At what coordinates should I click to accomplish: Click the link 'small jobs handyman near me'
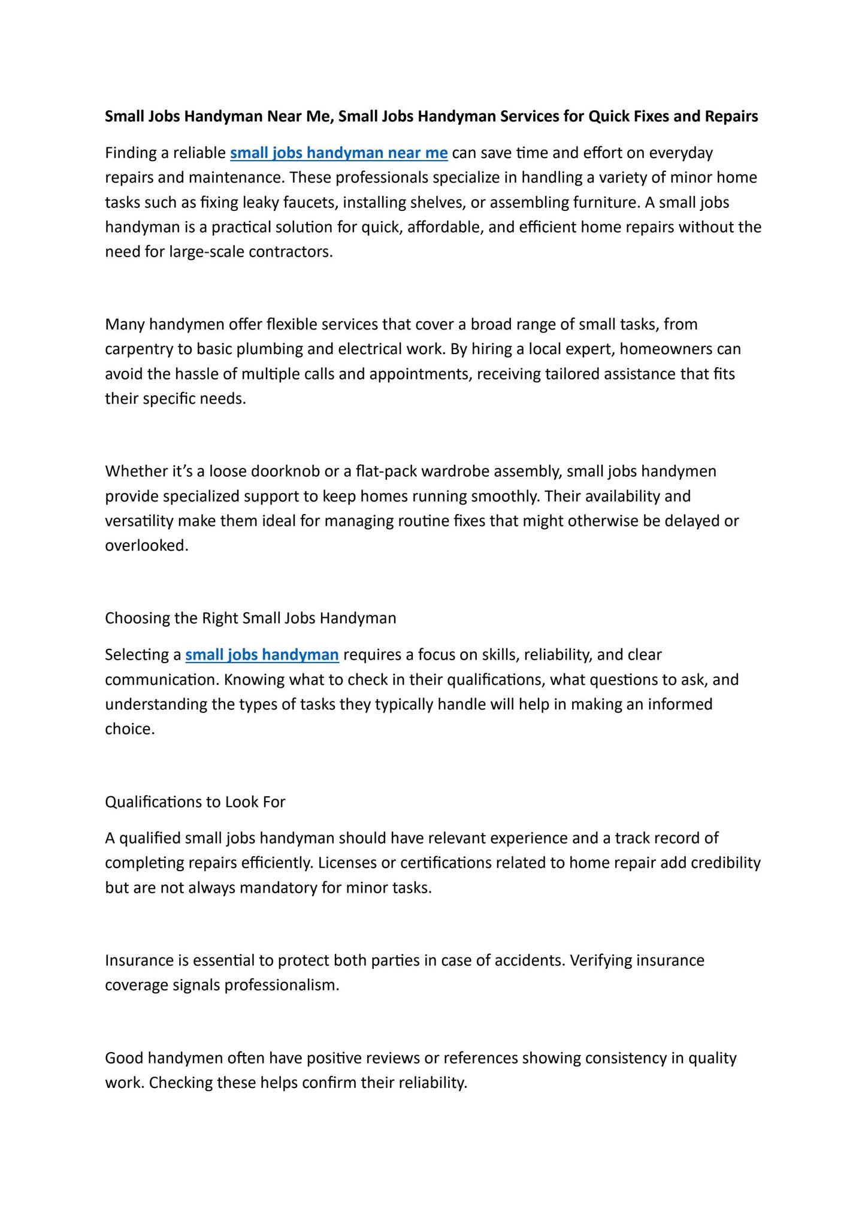point(338,153)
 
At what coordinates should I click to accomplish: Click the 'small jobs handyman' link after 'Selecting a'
point(262,655)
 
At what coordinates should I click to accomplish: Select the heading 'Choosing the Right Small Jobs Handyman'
point(250,618)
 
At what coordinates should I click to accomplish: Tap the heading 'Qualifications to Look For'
point(195,802)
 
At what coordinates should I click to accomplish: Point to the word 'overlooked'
point(145,546)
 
